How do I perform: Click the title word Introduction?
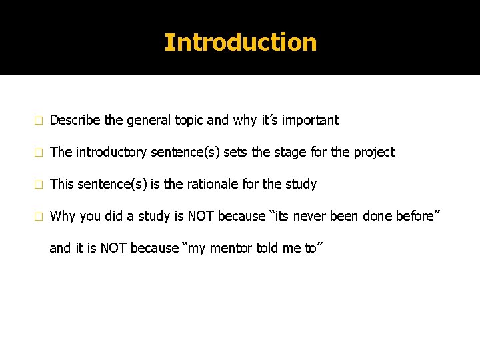240,43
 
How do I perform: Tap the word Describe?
75,121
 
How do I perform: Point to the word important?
310,121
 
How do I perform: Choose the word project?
373,153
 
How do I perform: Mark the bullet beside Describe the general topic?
39,121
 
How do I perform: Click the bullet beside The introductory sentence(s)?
39,153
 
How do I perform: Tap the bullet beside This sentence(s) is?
39,185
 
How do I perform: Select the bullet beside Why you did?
39,217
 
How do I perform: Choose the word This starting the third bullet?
62,184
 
